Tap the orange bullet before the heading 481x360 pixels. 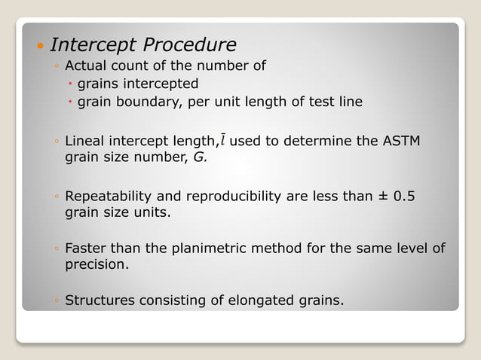(40, 47)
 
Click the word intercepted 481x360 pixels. (160, 84)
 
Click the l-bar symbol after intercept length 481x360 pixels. (223, 140)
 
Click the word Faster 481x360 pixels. (87, 248)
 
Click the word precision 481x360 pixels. (96, 265)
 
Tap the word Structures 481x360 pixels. (100, 301)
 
